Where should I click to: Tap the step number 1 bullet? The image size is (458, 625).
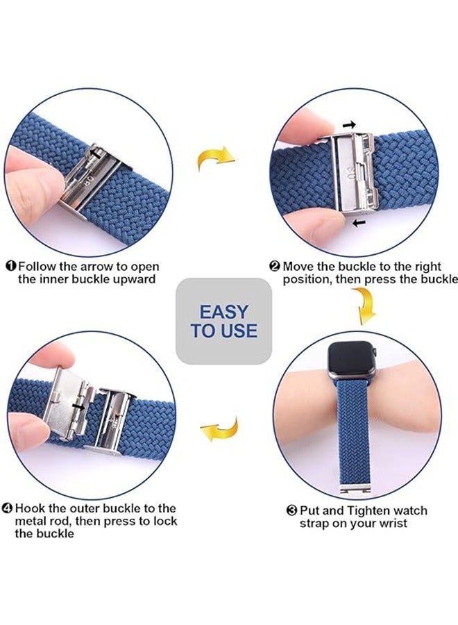[x=12, y=267]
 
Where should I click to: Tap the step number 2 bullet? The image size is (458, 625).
[x=275, y=267]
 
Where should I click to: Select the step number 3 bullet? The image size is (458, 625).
[x=292, y=511]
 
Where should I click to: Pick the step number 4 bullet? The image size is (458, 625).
[x=8, y=508]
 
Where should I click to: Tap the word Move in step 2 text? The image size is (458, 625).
[x=298, y=267]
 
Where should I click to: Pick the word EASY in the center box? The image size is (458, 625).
[x=223, y=311]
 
